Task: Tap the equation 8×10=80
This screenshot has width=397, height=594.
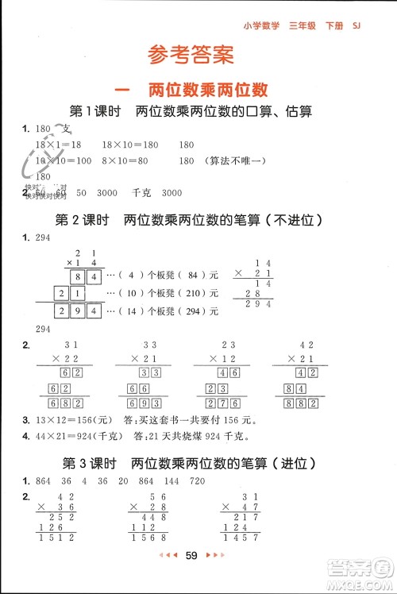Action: [x=125, y=160]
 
